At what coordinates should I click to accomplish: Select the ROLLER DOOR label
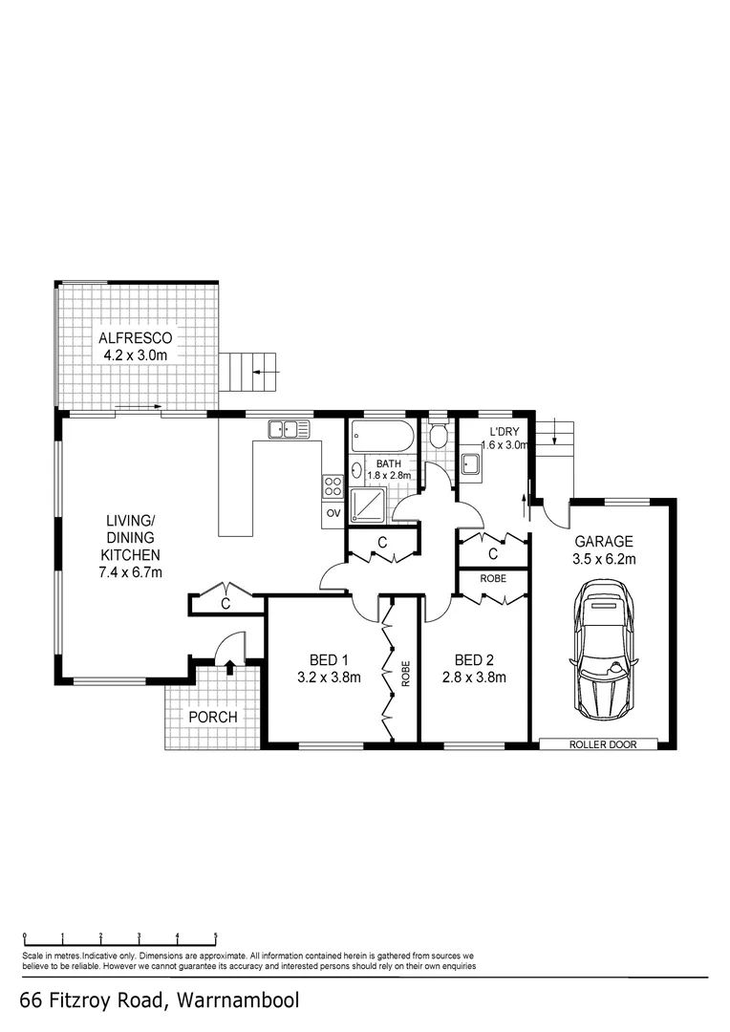point(602,744)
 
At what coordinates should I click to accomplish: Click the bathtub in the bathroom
point(382,438)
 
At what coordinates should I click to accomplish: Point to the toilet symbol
point(439,437)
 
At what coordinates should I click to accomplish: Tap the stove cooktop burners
point(333,485)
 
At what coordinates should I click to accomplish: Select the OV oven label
point(333,513)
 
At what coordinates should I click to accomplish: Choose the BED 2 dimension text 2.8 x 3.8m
point(480,678)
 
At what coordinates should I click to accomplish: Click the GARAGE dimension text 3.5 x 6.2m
point(604,559)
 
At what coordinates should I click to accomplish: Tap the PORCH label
point(212,717)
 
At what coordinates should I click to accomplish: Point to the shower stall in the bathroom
point(369,504)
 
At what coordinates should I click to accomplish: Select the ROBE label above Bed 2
point(493,579)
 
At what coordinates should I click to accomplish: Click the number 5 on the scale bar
point(216,936)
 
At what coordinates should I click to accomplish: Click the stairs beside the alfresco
point(251,373)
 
